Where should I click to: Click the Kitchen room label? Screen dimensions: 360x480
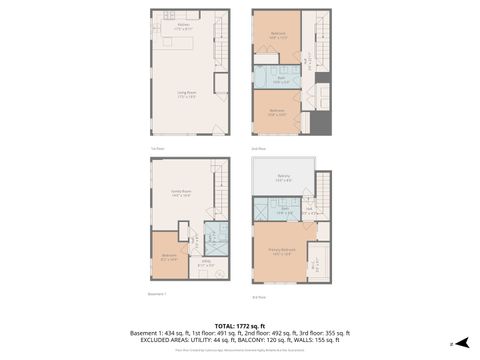tap(183, 27)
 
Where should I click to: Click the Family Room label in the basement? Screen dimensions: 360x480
tap(181, 194)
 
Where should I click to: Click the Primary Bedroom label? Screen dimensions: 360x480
tap(283, 251)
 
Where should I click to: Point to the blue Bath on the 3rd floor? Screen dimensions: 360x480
tap(284, 210)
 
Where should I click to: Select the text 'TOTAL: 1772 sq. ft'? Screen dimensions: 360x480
tap(240, 325)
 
